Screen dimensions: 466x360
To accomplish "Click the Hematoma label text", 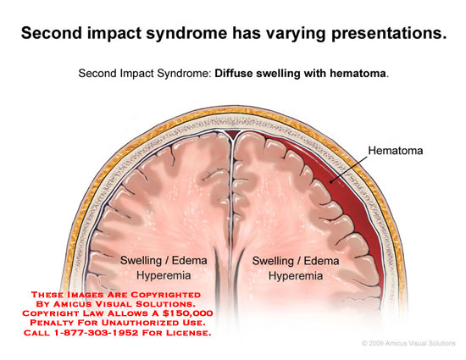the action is click(x=396, y=151).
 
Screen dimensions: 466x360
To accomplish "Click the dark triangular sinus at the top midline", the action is click(x=232, y=134).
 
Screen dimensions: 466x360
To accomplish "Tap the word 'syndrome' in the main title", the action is click(x=186, y=33).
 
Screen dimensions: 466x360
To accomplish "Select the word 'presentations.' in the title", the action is click(x=390, y=33).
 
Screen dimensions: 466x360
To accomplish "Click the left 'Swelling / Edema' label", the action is click(x=164, y=261).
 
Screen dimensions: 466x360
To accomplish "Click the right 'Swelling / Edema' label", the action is click(x=296, y=261).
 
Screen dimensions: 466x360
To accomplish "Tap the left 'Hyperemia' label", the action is click(x=164, y=275).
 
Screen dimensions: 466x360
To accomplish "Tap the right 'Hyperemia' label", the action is click(x=296, y=276).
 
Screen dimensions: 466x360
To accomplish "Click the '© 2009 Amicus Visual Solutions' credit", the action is click(x=408, y=343).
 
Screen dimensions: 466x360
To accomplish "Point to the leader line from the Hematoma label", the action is click(x=348, y=169).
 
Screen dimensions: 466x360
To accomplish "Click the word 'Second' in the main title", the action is click(x=52, y=33).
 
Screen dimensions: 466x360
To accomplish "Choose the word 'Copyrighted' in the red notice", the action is click(x=166, y=295).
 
